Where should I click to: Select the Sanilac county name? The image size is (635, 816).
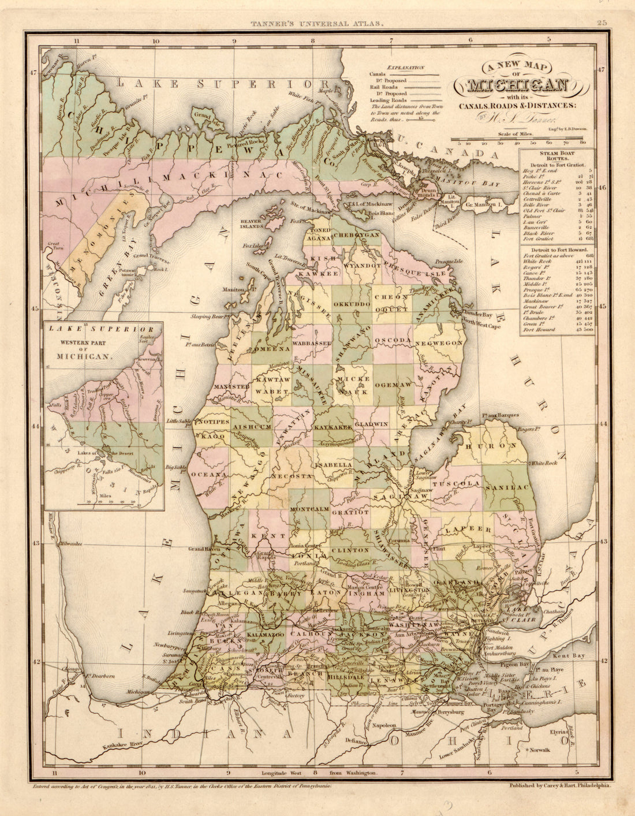click(x=507, y=488)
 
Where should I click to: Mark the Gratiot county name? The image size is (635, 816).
click(x=350, y=512)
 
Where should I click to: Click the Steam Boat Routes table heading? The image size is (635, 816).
click(x=556, y=155)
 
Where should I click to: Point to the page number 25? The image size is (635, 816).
click(x=602, y=23)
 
